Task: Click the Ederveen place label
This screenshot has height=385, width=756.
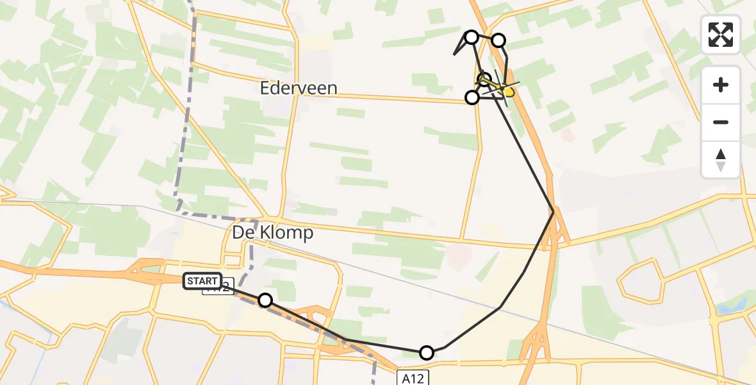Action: [299, 88]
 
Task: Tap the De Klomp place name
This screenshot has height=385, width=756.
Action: [273, 232]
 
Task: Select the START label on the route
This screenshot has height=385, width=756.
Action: [202, 281]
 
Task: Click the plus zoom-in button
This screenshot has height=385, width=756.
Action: [721, 85]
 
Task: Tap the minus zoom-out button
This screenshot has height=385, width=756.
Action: [721, 122]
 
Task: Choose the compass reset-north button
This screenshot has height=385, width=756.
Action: [721, 160]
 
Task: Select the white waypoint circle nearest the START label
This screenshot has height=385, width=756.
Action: [265, 300]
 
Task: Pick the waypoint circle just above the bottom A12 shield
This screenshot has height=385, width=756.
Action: [426, 352]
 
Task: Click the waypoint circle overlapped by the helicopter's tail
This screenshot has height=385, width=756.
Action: [484, 80]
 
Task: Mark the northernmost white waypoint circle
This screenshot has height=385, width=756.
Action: [472, 37]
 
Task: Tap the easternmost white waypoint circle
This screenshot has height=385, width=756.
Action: [498, 41]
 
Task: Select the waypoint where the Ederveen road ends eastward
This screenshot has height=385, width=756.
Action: [472, 98]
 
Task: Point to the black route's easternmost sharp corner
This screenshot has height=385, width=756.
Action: [554, 211]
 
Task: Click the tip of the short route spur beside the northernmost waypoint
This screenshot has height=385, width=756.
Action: [454, 55]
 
